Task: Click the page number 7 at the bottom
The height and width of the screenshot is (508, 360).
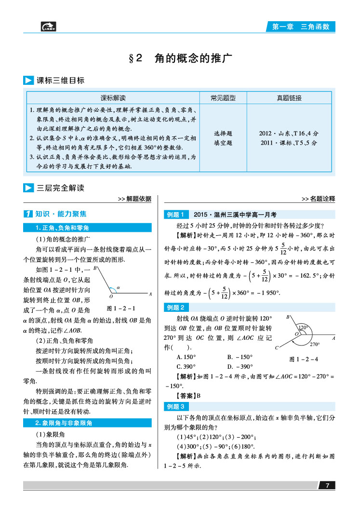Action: pyautogui.click(x=327, y=485)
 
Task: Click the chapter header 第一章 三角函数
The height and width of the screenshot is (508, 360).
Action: pyautogui.click(x=301, y=27)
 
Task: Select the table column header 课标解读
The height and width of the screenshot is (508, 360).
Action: pyautogui.click(x=113, y=98)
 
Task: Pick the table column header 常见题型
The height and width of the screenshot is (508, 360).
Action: pyautogui.click(x=223, y=98)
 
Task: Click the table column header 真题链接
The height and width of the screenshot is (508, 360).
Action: pyautogui.click(x=289, y=98)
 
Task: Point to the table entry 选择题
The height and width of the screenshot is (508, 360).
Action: pyautogui.click(x=223, y=134)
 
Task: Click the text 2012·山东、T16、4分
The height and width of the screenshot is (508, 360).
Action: pyautogui.click(x=289, y=134)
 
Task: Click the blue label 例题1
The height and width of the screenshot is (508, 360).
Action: pyautogui.click(x=175, y=214)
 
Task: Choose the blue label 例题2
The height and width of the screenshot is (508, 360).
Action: pyautogui.click(x=175, y=307)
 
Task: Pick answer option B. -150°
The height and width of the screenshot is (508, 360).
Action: pyautogui.click(x=240, y=357)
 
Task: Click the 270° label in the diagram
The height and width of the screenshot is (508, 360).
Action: pyautogui.click(x=315, y=344)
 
